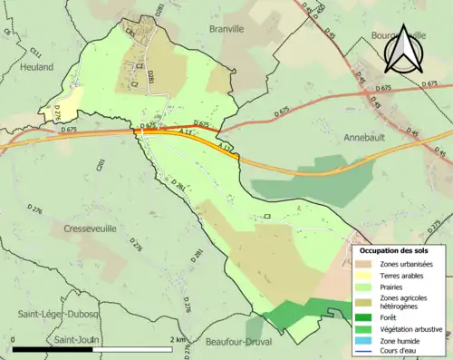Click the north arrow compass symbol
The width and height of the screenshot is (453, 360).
tap(400, 54)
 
